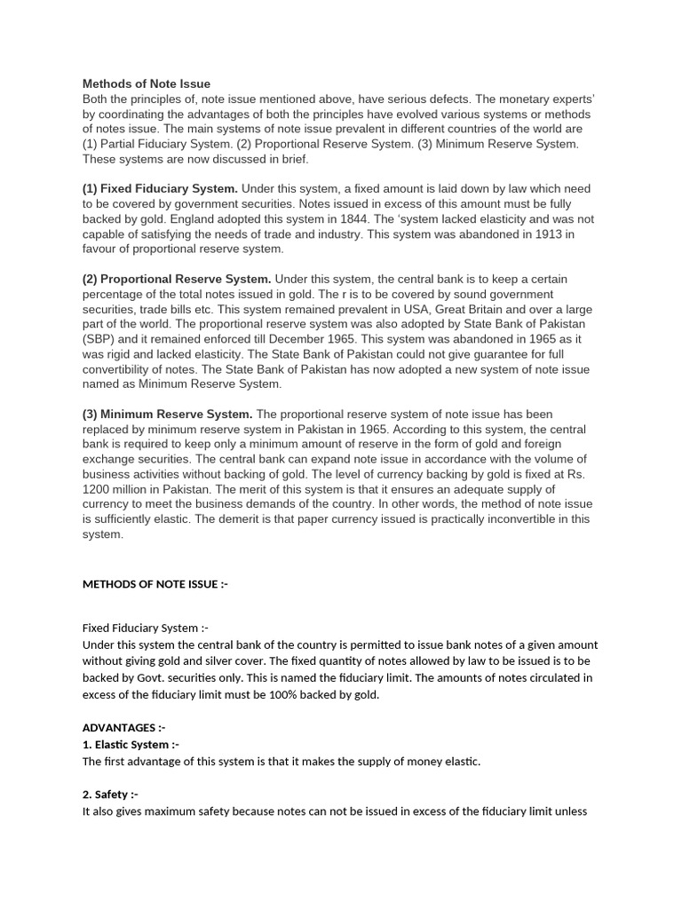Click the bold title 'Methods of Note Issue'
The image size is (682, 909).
pyautogui.click(x=147, y=84)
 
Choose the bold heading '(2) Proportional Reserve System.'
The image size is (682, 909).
pyautogui.click(x=178, y=280)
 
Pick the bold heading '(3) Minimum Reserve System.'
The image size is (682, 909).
pyautogui.click(x=168, y=415)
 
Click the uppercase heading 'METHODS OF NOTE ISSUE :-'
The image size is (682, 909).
pyautogui.click(x=155, y=584)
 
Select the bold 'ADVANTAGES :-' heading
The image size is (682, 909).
pyautogui.click(x=124, y=728)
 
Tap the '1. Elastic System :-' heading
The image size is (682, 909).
pyautogui.click(x=131, y=745)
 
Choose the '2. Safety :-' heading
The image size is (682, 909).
pyautogui.click(x=110, y=794)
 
